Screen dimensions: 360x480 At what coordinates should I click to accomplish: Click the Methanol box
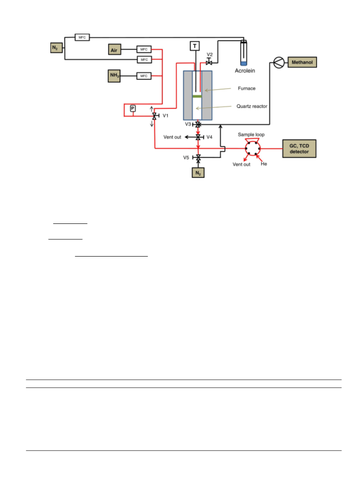302,62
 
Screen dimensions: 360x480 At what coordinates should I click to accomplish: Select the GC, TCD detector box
299,149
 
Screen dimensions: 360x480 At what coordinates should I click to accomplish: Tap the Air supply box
114,49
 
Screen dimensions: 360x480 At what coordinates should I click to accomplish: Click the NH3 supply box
114,76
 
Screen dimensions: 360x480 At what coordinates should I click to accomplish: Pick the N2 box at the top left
56,48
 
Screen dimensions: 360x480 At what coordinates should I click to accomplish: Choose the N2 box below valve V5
198,173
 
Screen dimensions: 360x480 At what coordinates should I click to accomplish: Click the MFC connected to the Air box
144,49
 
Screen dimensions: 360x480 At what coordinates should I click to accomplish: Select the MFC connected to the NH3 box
144,76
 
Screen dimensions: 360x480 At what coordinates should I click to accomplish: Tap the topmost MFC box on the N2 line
82,37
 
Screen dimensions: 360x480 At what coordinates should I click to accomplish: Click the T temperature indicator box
195,46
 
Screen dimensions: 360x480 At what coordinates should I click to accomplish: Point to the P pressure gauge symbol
133,109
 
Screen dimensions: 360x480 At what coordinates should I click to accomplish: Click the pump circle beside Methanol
279,63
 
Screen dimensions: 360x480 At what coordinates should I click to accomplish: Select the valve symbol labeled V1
155,116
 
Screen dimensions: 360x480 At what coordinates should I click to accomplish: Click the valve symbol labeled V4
198,137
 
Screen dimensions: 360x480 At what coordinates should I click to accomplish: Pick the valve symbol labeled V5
198,158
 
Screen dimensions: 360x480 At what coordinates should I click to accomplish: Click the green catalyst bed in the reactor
197,96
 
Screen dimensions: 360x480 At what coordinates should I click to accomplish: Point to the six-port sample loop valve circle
253,149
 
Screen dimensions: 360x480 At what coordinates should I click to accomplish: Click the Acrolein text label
245,71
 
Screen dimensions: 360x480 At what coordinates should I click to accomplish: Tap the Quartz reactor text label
252,106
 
